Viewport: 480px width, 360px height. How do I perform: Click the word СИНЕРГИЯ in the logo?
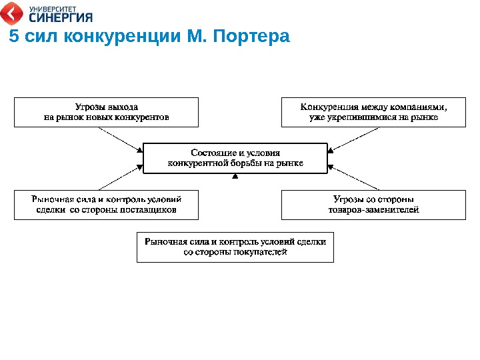coord(60,17)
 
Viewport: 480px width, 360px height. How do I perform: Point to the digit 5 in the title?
coord(13,35)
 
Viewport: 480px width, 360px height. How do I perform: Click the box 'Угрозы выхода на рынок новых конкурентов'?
coord(107,112)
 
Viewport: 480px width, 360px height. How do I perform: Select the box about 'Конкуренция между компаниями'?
coord(373,112)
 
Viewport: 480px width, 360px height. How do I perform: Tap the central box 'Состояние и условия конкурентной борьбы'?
coord(235,158)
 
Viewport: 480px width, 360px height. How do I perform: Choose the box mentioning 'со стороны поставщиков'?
coord(107,205)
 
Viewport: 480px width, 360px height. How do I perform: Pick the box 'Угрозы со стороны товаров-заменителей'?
coord(373,205)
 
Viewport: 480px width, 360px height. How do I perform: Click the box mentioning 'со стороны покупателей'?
coord(235,247)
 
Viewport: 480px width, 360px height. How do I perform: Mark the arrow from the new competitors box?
coord(120,138)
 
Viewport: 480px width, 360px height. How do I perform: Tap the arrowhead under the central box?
coord(235,177)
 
